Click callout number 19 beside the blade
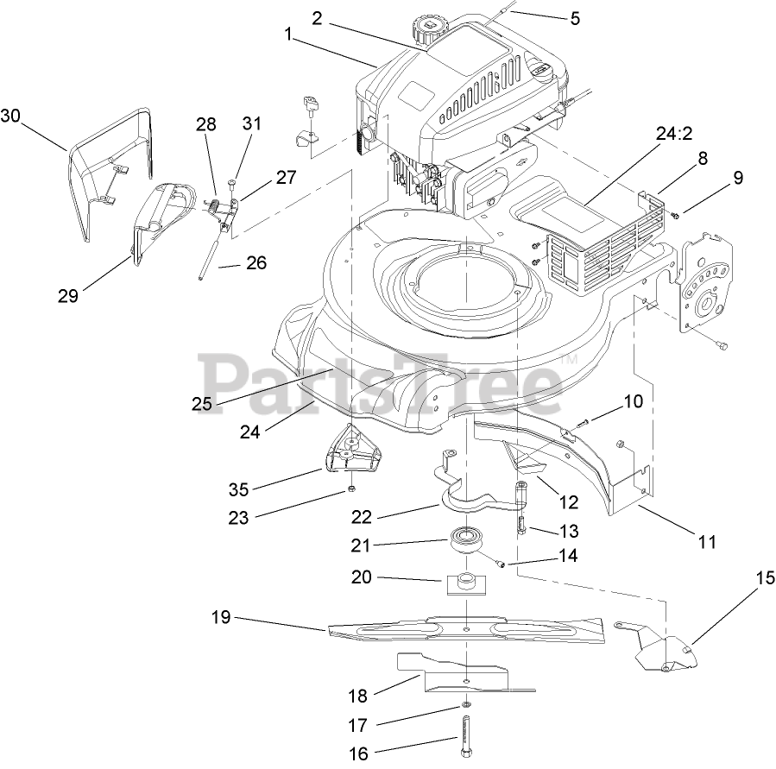click(223, 617)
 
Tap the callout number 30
click(10, 116)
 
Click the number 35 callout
click(238, 489)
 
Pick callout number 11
click(707, 542)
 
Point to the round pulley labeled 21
click(466, 543)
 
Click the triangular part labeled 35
click(355, 451)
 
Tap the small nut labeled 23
click(353, 491)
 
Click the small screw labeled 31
click(233, 183)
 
